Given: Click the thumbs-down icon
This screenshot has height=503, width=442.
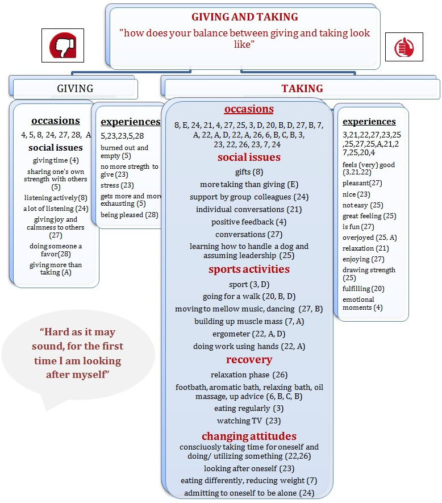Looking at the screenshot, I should (62, 45).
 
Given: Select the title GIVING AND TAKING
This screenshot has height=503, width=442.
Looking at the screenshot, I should (244, 17).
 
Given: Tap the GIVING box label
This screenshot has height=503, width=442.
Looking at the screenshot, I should (75, 88).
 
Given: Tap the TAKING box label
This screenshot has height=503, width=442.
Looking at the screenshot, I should (302, 88).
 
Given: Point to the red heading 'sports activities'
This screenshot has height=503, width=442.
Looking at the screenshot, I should (249, 269).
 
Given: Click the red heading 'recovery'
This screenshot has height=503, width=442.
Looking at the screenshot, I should (249, 359).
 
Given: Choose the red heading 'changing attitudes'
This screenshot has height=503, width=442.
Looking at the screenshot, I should (249, 436).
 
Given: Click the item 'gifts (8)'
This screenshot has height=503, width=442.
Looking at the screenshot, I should (249, 172).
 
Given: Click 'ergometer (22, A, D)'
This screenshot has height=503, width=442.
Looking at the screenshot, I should (249, 334).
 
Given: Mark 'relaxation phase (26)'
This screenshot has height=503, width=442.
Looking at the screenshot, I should (249, 375).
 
